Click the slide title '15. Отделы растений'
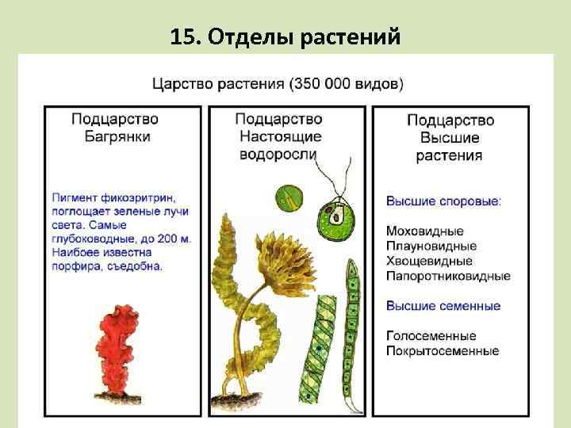pos(285,36)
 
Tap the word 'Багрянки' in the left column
pos(115,136)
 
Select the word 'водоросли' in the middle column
pos(278,155)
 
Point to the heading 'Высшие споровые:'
pos(443,201)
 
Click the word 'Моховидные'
pos(424,231)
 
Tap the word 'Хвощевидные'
pos(429,261)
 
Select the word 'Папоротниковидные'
pos(448,276)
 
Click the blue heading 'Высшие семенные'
pos(443,306)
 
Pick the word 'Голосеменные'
pos(431,336)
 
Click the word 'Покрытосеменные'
pos(442,350)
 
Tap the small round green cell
pos(289,199)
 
